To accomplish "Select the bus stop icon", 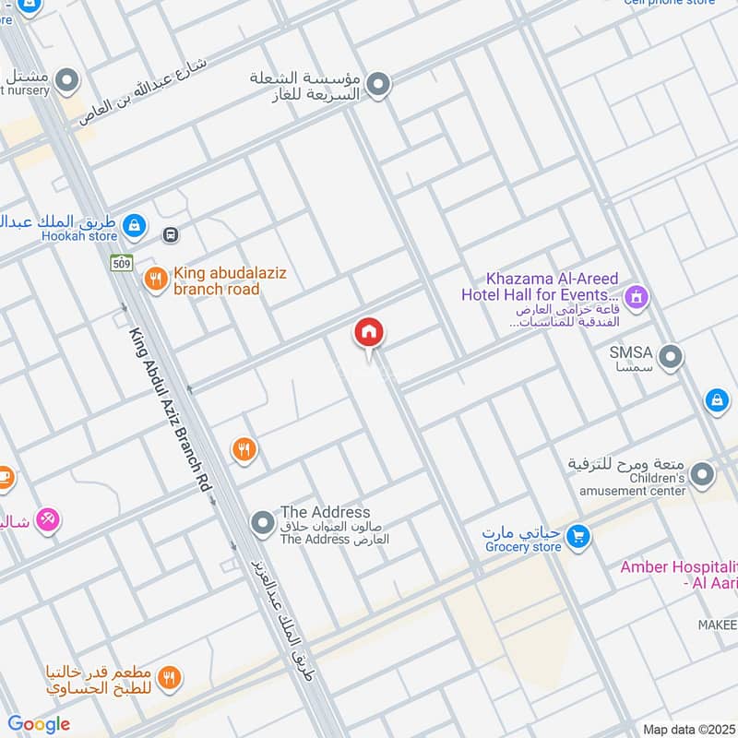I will click(171, 234).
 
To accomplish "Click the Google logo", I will click(39, 724).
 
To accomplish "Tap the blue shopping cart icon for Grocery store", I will click(578, 535).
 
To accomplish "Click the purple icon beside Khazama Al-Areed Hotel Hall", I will click(636, 297).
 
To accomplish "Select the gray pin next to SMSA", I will click(672, 356).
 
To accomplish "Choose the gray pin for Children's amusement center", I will click(703, 476).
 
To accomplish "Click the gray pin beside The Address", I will click(264, 524).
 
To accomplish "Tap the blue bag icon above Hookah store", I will click(135, 223).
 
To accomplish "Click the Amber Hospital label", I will click(679, 574).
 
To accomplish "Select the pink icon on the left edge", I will click(50, 520).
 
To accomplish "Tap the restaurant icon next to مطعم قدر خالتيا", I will click(168, 680).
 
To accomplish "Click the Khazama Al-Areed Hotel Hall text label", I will click(541, 287).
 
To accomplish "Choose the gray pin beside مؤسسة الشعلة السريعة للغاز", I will click(378, 86).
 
